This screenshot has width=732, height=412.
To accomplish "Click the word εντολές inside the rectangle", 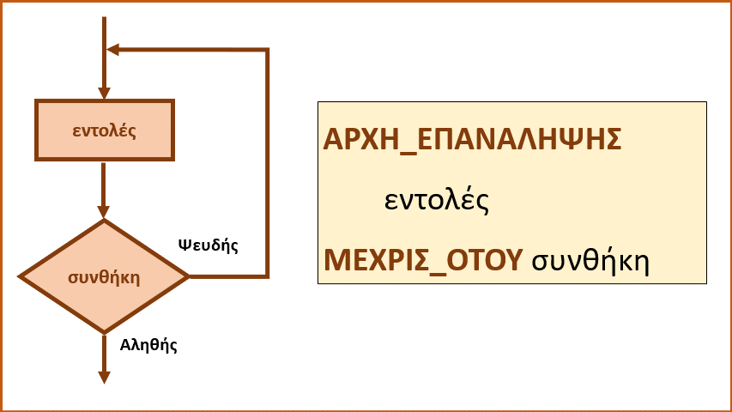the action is [x=104, y=130].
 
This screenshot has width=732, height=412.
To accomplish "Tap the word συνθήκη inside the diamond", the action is [x=104, y=277].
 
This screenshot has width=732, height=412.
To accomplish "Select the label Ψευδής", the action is [x=209, y=245].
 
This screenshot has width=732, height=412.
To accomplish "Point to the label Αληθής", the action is [x=148, y=345].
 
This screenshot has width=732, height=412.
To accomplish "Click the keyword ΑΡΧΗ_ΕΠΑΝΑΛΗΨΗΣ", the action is [x=472, y=139].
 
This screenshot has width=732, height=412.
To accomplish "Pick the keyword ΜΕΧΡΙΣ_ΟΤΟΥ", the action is [x=423, y=260].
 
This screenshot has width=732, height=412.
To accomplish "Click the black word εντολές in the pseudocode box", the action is [x=437, y=199].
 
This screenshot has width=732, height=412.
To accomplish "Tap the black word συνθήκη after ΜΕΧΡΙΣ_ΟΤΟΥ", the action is [x=590, y=261].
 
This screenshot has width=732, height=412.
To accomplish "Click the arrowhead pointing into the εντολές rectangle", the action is [x=104, y=93].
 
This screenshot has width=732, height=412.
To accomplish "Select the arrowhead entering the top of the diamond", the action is [x=104, y=212].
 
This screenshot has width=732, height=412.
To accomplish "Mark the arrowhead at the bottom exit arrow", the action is [x=104, y=378].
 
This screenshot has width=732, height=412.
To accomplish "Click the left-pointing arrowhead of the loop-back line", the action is [x=113, y=50].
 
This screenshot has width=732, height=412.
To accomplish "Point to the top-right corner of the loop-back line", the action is [x=268, y=50].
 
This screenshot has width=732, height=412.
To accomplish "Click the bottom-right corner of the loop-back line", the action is [x=268, y=276].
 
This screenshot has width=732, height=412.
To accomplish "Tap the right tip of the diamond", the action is [x=189, y=276].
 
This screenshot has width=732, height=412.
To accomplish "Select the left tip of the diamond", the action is [x=19, y=276].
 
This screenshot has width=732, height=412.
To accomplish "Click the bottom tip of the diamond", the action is [x=104, y=333].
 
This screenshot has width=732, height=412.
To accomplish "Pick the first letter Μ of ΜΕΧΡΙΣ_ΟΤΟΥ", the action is [x=336, y=260].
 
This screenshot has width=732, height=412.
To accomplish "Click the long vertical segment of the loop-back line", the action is [x=268, y=163].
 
